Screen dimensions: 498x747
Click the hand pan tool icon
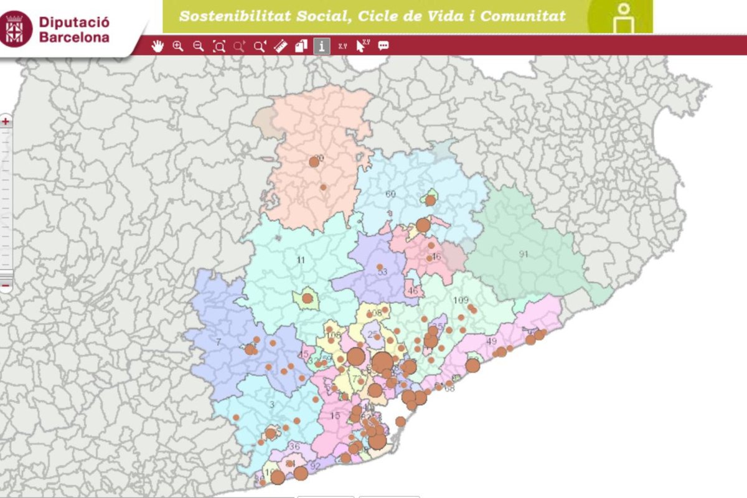[x=157, y=45]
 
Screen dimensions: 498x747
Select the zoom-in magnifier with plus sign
[x=178, y=45]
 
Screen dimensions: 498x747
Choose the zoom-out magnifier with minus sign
[x=199, y=45]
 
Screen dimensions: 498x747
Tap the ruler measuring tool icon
[x=281, y=45]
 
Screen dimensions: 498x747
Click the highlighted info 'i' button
[x=322, y=45]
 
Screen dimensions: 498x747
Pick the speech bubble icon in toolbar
[x=383, y=45]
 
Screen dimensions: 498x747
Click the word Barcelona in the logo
[x=74, y=37]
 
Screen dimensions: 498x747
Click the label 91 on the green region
[x=524, y=254]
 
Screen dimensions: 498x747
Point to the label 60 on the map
[x=390, y=194]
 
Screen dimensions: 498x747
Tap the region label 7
[x=218, y=342]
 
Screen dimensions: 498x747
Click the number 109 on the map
[x=461, y=301]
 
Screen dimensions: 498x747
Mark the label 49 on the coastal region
[x=492, y=341]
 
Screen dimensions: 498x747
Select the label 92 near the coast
[x=315, y=466]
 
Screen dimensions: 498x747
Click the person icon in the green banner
[x=622, y=19]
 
